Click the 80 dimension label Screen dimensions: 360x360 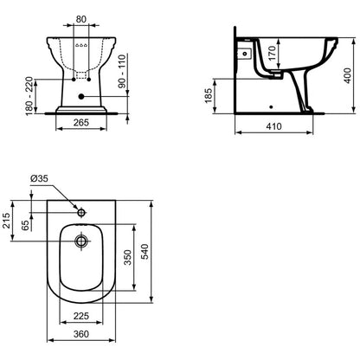(x=81, y=19)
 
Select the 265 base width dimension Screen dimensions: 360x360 (x=81, y=122)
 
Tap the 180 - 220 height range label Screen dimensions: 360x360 (x=29, y=96)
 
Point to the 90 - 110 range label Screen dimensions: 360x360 (x=122, y=71)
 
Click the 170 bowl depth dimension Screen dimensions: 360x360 (x=272, y=54)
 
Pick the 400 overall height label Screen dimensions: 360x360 (x=348, y=75)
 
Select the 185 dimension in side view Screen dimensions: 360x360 (x=208, y=95)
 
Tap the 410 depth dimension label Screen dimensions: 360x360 (x=273, y=126)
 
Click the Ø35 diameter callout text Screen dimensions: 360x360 (x=39, y=178)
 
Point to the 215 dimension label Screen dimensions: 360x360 (x=7, y=221)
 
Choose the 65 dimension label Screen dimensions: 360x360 (x=26, y=225)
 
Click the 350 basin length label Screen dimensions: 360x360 (x=128, y=258)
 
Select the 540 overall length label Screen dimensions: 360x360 (x=145, y=252)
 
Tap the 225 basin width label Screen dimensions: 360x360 (x=81, y=316)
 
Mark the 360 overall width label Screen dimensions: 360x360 (x=81, y=334)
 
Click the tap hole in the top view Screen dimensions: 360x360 (x=81, y=213)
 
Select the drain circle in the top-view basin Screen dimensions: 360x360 (x=81, y=241)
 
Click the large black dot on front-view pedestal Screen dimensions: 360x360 (x=81, y=97)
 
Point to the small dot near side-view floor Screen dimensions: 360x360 (x=271, y=107)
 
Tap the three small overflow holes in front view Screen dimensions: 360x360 (x=81, y=45)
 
